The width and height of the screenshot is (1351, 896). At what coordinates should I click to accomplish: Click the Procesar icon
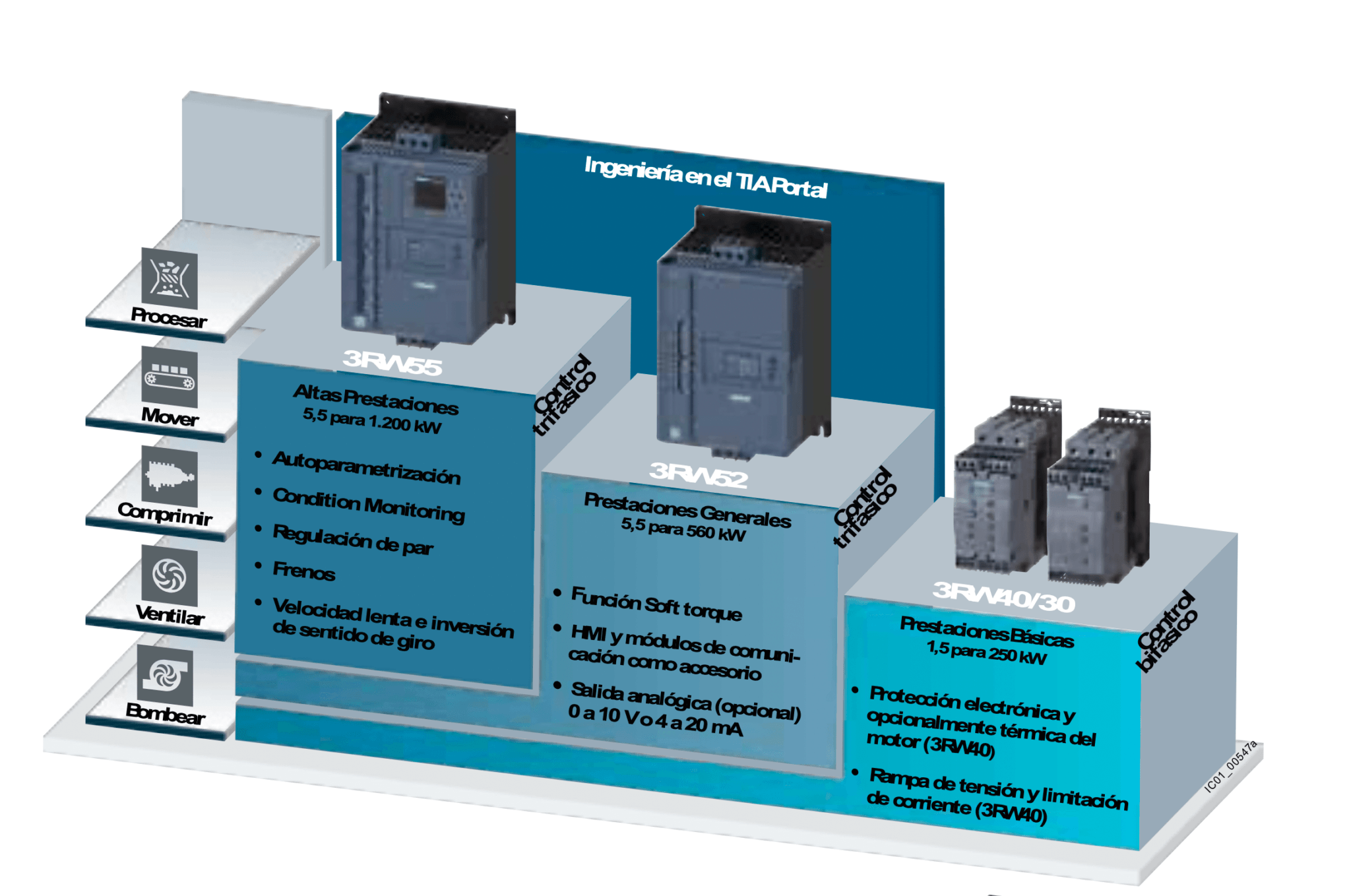click(x=170, y=278)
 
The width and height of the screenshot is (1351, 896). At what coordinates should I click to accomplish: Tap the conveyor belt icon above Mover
click(x=170, y=378)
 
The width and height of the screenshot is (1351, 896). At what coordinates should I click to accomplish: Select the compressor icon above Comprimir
click(x=170, y=476)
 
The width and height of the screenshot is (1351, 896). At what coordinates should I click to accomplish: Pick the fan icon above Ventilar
click(x=170, y=575)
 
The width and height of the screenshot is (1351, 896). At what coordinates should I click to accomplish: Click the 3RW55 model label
click(x=392, y=362)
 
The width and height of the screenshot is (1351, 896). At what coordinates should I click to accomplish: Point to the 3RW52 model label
click(x=698, y=474)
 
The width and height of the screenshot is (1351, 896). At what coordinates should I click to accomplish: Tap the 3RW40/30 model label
click(x=1003, y=596)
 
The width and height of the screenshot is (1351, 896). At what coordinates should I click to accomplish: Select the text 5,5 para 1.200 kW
click(x=372, y=420)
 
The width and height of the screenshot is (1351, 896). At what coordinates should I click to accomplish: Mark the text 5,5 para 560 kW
click(x=683, y=529)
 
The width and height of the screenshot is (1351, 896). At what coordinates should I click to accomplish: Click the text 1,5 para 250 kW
click(x=986, y=653)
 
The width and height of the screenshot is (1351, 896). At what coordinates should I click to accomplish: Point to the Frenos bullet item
click(x=304, y=571)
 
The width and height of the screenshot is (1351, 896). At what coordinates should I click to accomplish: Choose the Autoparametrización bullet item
click(x=366, y=467)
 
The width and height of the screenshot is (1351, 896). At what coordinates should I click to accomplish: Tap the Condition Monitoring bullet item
click(x=368, y=505)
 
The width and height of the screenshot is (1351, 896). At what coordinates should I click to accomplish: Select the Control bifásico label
click(x=1167, y=631)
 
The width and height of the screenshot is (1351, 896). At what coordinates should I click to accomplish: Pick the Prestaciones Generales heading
click(x=687, y=510)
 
